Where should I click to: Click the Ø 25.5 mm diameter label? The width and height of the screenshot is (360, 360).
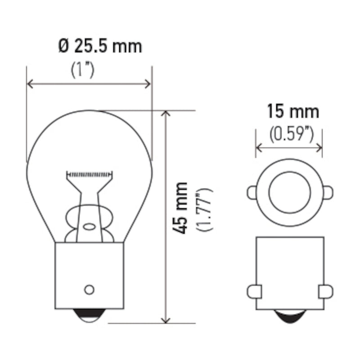100,46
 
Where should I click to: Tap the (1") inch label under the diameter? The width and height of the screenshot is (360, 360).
83,70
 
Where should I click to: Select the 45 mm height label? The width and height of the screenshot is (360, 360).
181,207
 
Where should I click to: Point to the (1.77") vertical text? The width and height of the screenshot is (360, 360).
205,209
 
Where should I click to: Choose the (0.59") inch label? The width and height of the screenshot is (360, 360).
291,134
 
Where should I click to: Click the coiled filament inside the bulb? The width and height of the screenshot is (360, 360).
89,173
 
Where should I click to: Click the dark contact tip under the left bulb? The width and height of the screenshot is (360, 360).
89,317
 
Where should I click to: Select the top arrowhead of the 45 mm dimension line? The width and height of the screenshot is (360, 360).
167,114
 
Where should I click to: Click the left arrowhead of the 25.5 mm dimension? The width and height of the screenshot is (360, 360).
31,84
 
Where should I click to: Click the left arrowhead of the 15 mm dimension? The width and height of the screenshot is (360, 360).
259,147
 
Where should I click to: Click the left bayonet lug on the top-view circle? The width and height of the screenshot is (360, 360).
252,193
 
